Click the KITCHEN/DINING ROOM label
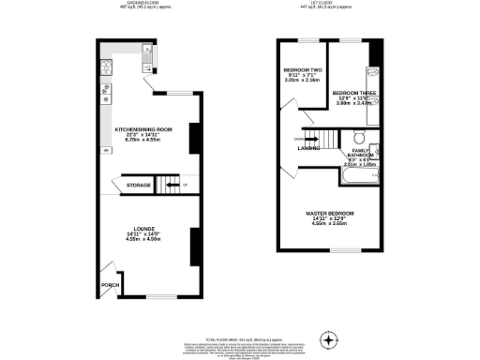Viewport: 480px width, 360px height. (143, 129)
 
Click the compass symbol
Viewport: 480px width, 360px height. (327, 337)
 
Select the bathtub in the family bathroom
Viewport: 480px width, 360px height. (357, 172)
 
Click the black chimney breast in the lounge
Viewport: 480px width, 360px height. (193, 246)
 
